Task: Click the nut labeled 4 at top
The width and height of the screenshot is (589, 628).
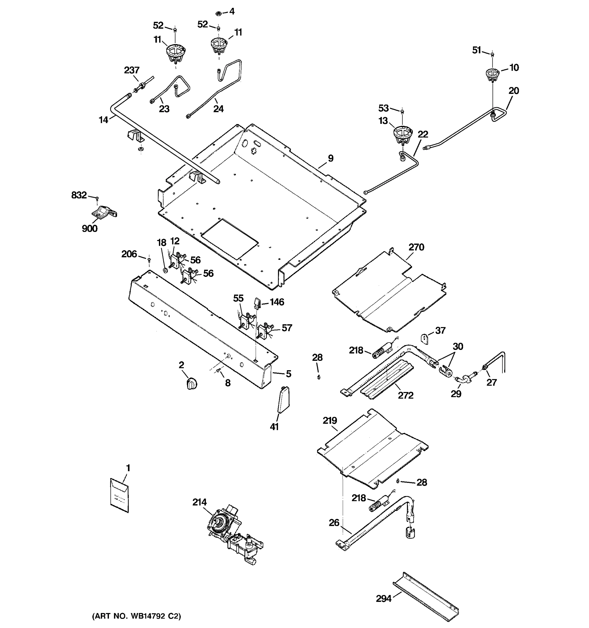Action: click(x=218, y=13)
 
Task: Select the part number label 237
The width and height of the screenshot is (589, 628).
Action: click(x=131, y=70)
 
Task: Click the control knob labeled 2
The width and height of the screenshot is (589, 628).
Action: click(x=191, y=384)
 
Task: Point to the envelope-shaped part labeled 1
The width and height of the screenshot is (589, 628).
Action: click(x=119, y=495)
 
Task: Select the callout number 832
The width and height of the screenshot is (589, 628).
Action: click(x=79, y=195)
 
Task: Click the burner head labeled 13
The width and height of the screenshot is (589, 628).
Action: click(x=402, y=133)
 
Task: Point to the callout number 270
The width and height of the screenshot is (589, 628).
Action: click(x=416, y=247)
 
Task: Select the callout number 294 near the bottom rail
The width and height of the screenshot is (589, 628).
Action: click(x=383, y=599)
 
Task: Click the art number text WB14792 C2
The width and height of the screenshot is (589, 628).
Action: click(x=136, y=616)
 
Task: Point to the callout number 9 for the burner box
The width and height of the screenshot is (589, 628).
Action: click(x=331, y=158)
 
